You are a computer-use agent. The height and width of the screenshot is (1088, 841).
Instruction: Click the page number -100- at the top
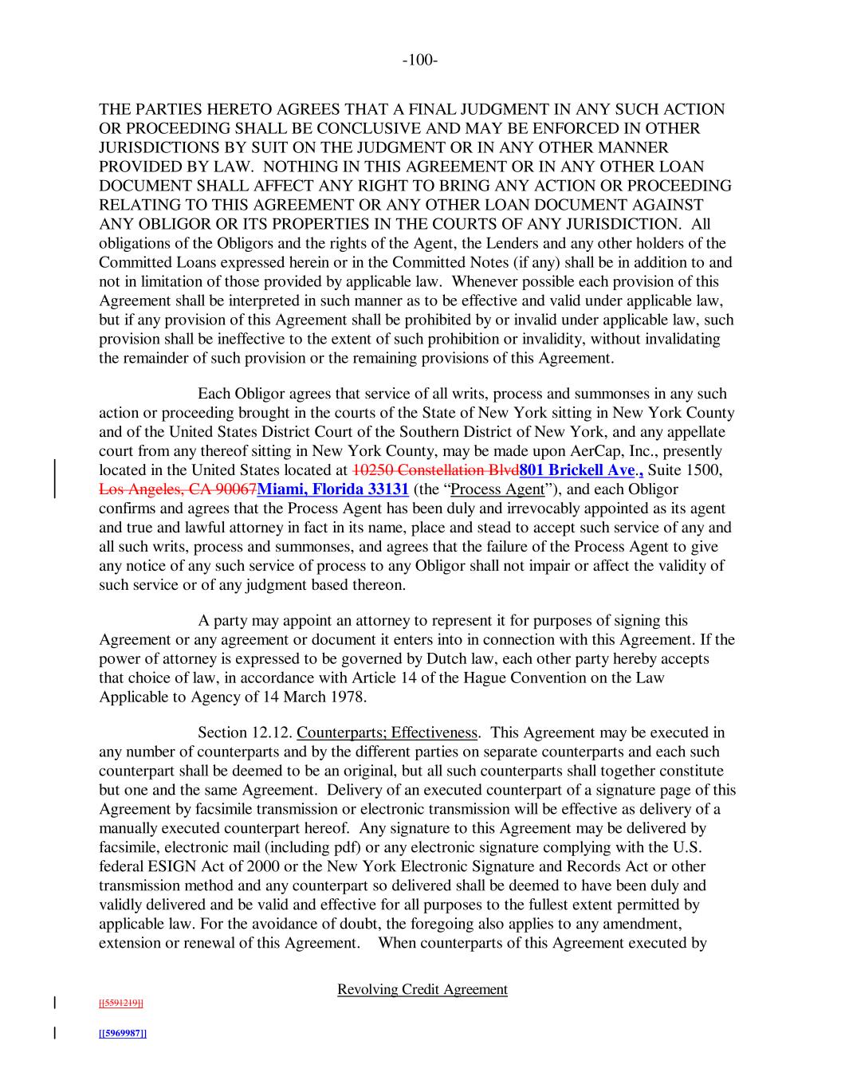pos(420,61)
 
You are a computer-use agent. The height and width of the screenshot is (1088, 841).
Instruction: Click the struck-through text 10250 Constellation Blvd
pos(435,469)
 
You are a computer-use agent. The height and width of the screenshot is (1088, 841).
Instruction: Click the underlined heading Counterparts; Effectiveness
pos(387,733)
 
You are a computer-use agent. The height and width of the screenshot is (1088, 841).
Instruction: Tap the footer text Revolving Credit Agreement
pos(422,989)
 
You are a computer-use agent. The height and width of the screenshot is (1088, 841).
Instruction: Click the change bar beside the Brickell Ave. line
pos(54,469)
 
